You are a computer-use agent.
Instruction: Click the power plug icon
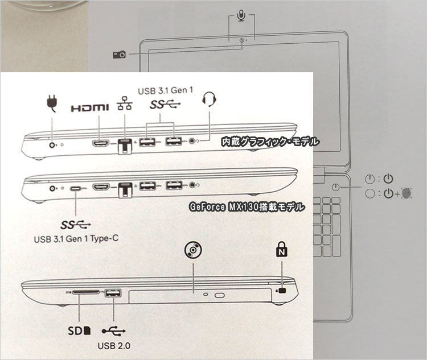coord(52,103)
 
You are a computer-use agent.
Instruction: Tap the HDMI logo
coord(89,108)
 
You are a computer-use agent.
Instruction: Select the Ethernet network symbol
coord(125,103)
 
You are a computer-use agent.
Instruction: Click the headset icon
coord(209,100)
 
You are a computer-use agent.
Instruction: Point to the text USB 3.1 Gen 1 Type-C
coord(76,239)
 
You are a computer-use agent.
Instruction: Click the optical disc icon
coord(193,250)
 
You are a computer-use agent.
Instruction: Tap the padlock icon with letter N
coord(282,249)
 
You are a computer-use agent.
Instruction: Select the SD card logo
coord(79,330)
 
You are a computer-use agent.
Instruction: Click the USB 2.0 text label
coord(114,346)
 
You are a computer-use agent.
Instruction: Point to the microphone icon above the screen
coord(241,15)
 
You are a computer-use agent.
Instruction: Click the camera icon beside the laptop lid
coord(120,55)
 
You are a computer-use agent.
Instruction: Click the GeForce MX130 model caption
coord(247,207)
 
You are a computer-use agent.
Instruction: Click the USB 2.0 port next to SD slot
coord(113,293)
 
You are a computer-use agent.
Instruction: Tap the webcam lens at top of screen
coord(242,40)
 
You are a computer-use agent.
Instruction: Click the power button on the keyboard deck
coord(336,187)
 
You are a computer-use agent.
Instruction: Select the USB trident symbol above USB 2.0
coord(113,331)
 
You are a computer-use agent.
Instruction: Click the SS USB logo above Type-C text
coord(75,225)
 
